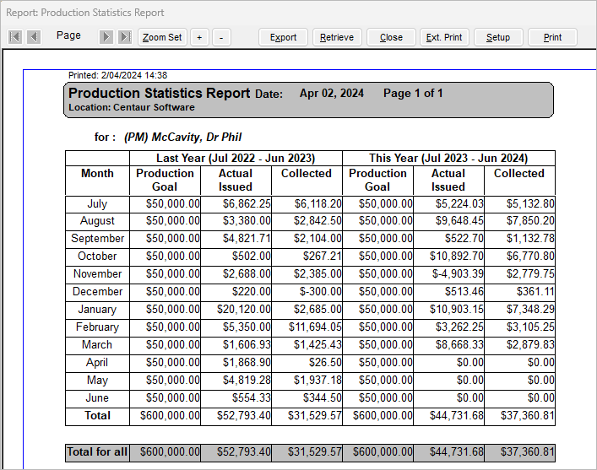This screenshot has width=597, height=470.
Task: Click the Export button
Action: pos(283,37)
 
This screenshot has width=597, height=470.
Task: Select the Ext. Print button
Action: pos(444,37)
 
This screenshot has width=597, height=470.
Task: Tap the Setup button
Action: pos(498,37)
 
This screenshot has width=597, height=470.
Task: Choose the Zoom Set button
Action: pos(162,37)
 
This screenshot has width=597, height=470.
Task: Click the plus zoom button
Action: pos(199,37)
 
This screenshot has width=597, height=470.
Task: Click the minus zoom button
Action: pos(221,37)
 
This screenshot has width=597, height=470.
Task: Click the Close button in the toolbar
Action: pos(391,37)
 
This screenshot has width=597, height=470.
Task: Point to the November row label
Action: pos(97,273)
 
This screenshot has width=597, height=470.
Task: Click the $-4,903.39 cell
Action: pos(458,273)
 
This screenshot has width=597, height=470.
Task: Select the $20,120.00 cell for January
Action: pos(244,309)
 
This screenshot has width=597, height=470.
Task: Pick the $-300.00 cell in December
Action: pos(321,291)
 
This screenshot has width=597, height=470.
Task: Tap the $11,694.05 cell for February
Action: pos(315,327)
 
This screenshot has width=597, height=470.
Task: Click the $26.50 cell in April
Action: pos(325,362)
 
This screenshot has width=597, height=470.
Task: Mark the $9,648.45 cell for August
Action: pos(459,221)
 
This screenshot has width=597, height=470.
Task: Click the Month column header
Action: pos(97,173)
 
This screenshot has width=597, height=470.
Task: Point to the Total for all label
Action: pos(97,451)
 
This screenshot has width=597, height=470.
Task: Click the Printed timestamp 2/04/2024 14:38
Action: pos(134,75)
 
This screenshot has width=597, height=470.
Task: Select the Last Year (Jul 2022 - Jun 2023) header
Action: pos(236,158)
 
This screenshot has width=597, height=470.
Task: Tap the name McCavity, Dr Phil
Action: pos(197,137)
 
